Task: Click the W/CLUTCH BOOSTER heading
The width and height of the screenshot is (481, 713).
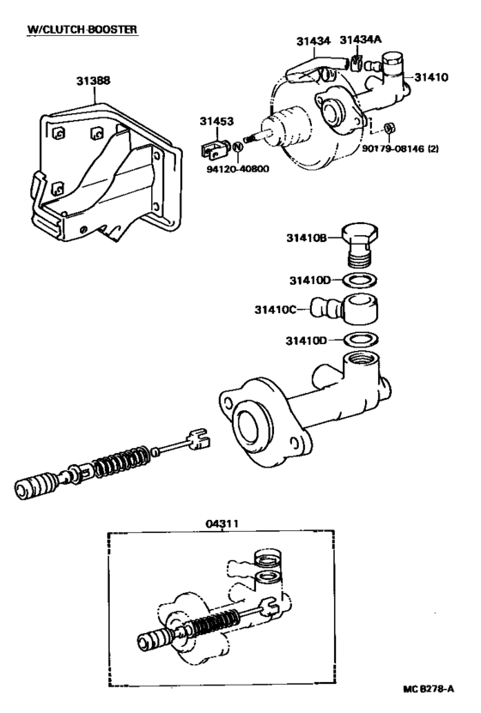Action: [x=82, y=29]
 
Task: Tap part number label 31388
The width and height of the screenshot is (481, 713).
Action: [x=94, y=81]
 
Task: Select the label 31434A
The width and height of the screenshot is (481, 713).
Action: [x=361, y=40]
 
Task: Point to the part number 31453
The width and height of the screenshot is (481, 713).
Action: [x=216, y=122]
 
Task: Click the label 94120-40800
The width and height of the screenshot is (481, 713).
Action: [x=238, y=169]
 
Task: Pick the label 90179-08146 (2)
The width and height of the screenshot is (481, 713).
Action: [x=400, y=148]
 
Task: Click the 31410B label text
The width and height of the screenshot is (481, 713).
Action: [x=307, y=238]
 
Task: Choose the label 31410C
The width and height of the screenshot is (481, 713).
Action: [x=275, y=310]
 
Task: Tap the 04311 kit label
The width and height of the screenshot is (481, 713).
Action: [x=222, y=524]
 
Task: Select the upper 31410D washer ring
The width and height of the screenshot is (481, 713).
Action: [x=358, y=281]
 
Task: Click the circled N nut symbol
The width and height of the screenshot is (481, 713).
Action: [x=238, y=148]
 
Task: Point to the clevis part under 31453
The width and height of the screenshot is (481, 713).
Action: [x=213, y=149]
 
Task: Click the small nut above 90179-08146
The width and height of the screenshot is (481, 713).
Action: [x=389, y=128]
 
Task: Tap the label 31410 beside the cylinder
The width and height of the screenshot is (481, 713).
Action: [x=431, y=77]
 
